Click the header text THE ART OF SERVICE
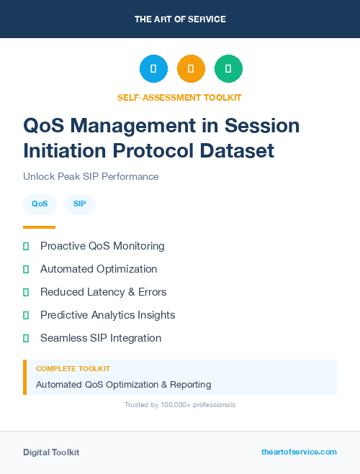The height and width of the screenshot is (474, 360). [x=180, y=19]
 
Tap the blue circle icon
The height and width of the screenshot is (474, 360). [x=153, y=68]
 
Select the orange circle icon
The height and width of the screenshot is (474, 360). [x=191, y=68]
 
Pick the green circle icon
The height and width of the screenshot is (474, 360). [x=228, y=68]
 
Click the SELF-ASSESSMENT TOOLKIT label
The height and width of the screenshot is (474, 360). [x=179, y=97]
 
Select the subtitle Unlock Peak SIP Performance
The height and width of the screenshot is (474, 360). [x=91, y=176]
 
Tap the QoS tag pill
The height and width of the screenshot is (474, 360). [x=40, y=204]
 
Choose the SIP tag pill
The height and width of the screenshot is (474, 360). [x=80, y=204]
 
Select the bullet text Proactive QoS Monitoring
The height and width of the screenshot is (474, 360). [x=102, y=246]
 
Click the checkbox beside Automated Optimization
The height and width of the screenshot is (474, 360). [x=26, y=269]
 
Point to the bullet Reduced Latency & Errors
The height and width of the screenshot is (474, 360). [x=103, y=292]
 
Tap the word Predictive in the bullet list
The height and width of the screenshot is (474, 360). [x=64, y=315]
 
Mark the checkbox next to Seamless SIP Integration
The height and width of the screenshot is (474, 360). [x=26, y=338]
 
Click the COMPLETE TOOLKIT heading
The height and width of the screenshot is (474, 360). [x=73, y=368]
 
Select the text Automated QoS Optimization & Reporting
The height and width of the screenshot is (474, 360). [x=123, y=384]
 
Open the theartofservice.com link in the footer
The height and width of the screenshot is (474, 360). [x=299, y=452]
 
